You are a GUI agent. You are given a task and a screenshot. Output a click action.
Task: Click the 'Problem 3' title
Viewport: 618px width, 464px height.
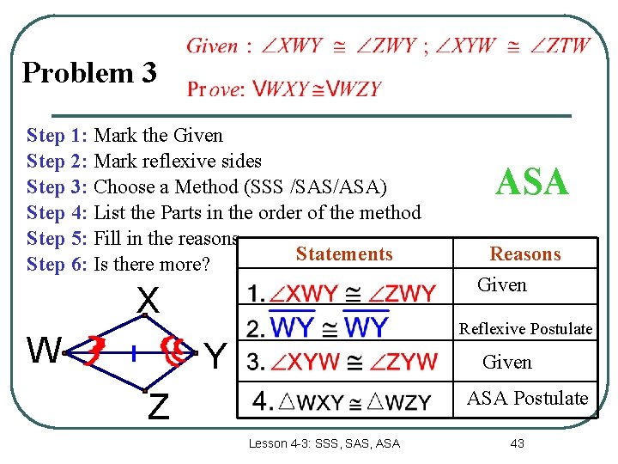pos(89,72)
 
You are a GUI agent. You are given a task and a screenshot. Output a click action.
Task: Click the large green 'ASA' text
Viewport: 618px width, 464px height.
pos(532,182)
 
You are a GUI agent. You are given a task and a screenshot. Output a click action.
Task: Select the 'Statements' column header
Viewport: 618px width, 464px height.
pos(343,254)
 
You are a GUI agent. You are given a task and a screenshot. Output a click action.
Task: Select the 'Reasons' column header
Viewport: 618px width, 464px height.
pos(524,254)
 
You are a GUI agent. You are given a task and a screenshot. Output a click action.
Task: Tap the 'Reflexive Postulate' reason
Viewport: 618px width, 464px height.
pos(525,329)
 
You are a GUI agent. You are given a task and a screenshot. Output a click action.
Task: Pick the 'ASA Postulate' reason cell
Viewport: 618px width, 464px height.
pos(526,398)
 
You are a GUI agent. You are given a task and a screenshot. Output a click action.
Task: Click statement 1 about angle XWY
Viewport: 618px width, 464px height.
pos(342,294)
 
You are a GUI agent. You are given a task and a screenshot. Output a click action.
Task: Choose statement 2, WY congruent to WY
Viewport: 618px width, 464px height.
pos(318,327)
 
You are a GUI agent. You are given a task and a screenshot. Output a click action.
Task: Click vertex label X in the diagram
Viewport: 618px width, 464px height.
pos(148,301)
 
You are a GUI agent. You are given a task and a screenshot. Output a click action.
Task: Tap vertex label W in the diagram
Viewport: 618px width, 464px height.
pos(43,351)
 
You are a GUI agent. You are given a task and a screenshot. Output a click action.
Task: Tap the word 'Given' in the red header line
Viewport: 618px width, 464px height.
pos(213,46)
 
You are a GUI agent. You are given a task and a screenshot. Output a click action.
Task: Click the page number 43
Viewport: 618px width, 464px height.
pos(517,443)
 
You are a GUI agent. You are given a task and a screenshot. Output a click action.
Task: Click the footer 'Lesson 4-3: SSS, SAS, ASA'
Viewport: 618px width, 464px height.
pos(324,443)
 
